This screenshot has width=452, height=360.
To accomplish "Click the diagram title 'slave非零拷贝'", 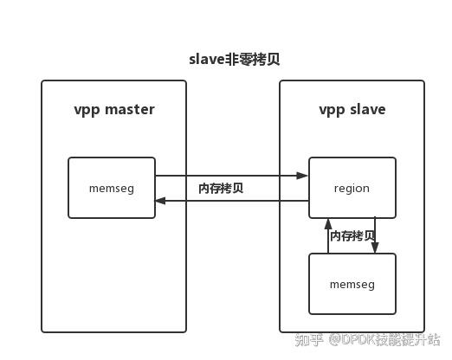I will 234,60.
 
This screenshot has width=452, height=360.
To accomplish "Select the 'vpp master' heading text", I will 113,109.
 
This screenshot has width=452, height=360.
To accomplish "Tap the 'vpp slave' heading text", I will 352,109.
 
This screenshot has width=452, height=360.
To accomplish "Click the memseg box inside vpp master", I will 112,188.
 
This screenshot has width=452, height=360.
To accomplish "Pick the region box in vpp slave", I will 352,188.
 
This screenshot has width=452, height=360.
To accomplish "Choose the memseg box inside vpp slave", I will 352,284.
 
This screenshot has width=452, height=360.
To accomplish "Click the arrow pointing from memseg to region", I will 231,176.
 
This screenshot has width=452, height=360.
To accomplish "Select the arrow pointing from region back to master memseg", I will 231,201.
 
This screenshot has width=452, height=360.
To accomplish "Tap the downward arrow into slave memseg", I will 375,235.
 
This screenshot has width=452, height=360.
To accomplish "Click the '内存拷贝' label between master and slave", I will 221,188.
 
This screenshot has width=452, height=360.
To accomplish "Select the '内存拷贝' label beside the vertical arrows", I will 352,236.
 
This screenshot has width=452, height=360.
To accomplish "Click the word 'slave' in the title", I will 206,60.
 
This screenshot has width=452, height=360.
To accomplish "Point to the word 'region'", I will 352,188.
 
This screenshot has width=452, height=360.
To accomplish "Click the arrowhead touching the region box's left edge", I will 302,176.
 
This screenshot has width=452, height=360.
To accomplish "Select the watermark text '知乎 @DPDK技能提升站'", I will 367,340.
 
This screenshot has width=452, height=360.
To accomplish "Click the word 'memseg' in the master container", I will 112,188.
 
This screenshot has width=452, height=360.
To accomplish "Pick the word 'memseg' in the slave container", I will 352,284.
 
